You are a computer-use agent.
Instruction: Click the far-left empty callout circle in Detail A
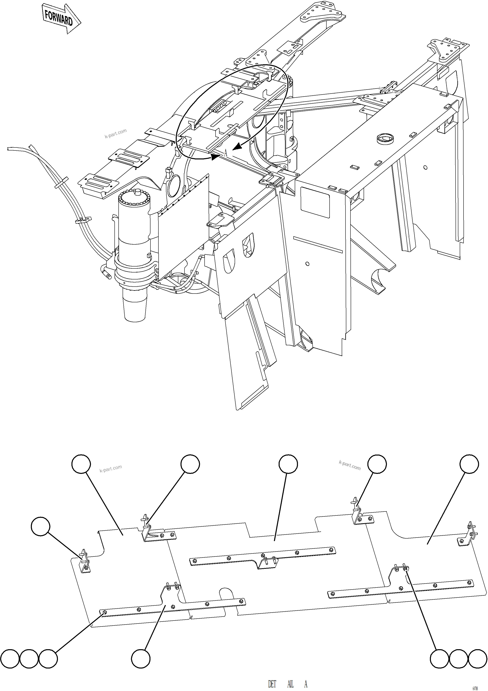coord(41,526)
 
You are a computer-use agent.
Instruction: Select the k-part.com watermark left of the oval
coord(116,134)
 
